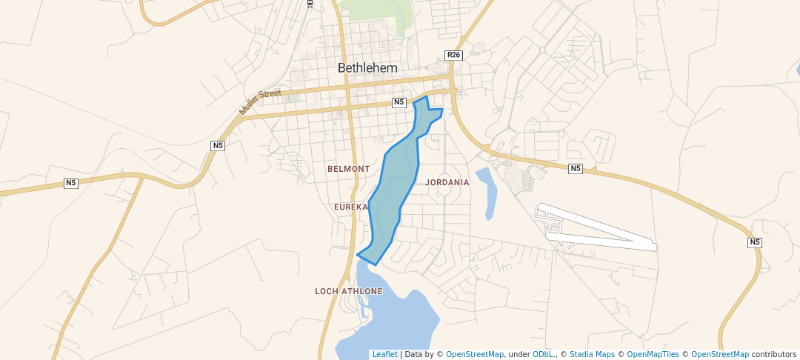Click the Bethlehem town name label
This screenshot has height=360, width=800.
coord(367,67)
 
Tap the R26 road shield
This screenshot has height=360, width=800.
coord(453,55)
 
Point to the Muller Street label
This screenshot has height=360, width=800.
coord(260,101)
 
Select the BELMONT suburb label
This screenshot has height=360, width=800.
coord(348,169)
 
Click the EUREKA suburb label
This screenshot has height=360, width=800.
coord(350,207)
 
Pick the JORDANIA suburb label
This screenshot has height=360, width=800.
coord(447,182)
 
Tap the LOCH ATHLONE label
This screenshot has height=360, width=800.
coord(348,291)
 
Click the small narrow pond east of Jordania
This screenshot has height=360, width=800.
coord(489,194)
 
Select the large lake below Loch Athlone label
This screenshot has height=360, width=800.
coord(385,319)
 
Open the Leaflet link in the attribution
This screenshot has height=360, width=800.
coord(384,355)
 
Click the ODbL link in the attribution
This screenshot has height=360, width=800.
coord(543,355)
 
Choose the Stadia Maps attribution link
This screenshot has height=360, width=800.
coord(590,355)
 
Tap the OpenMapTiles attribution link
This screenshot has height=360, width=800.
coord(653,355)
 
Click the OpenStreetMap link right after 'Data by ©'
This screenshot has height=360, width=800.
coord(474,355)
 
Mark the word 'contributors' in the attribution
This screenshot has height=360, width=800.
coord(773,355)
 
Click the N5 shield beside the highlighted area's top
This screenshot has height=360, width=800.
coord(399,102)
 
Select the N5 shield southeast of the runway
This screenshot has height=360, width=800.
coord(755,242)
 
